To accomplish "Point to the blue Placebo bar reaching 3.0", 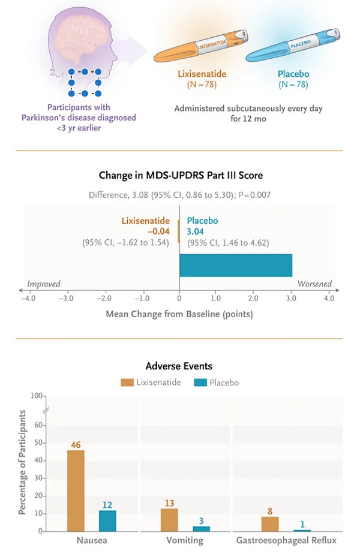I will point(236,266).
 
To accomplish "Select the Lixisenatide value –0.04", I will point(158,231).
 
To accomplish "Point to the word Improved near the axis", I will point(44,284).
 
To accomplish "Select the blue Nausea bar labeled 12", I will point(108,520).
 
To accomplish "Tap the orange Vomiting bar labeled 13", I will point(169,519).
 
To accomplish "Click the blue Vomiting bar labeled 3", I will point(201,528).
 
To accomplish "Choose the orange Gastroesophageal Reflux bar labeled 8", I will point(270,523).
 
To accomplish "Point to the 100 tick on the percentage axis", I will point(38,396).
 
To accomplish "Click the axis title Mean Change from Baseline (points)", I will point(179,314).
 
